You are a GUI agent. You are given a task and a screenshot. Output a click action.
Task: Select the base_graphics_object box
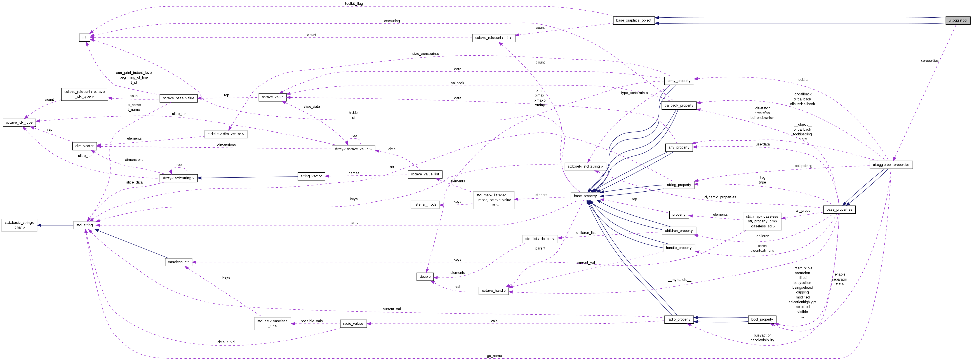634,20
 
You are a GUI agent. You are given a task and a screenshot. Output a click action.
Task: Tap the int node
84,37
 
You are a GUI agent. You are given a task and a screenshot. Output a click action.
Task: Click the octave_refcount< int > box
493,38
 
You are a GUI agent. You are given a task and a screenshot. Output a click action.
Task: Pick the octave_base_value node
178,98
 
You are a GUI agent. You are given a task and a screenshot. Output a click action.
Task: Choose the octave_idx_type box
19,122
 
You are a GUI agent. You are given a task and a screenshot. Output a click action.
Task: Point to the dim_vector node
84,146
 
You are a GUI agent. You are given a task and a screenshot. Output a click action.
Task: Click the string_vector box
311,176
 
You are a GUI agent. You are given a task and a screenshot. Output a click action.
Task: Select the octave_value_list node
425,174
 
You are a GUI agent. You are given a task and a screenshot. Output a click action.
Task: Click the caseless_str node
178,262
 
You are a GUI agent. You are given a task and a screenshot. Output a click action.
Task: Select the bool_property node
762,319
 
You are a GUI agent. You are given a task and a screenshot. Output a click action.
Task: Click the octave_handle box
493,291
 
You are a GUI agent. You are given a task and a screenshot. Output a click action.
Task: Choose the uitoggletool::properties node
891,164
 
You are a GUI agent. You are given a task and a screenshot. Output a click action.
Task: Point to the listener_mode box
425,204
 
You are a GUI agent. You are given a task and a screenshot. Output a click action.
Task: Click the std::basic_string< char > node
19,225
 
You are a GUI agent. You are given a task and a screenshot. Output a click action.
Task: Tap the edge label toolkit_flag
354,4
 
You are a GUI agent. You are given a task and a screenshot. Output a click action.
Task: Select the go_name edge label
494,356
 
